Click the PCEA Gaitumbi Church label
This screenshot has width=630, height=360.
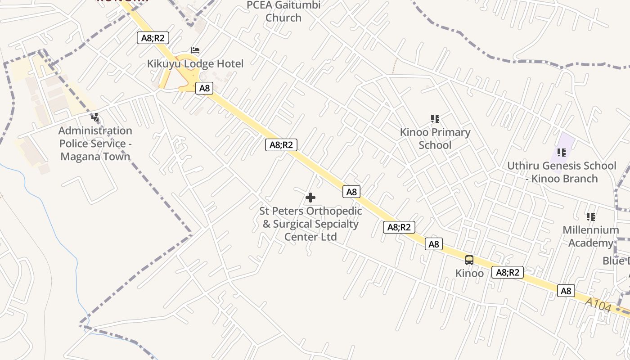point(283,12)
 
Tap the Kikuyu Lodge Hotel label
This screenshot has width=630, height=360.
point(195,64)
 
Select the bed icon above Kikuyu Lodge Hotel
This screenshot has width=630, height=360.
point(195,50)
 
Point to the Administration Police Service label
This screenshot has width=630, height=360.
point(95,144)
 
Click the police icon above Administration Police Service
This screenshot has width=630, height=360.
point(95,118)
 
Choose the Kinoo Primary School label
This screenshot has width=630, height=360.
point(435,139)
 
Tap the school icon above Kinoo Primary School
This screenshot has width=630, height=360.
point(435,119)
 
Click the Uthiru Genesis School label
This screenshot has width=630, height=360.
point(562,172)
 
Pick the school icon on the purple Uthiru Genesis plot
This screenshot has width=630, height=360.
point(561,153)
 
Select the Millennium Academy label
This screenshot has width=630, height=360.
point(590,236)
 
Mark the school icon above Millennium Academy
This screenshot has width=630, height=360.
point(591,217)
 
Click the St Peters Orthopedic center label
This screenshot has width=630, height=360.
point(310,224)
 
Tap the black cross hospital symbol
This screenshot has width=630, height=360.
point(310,198)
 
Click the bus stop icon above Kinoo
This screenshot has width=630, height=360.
point(469,260)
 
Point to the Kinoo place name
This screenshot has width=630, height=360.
point(469,273)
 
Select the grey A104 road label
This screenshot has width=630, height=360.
point(598,305)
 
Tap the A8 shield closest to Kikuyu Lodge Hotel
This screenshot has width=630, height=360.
point(205,88)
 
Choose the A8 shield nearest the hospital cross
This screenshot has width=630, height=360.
point(351,192)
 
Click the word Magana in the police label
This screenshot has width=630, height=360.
point(77,157)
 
